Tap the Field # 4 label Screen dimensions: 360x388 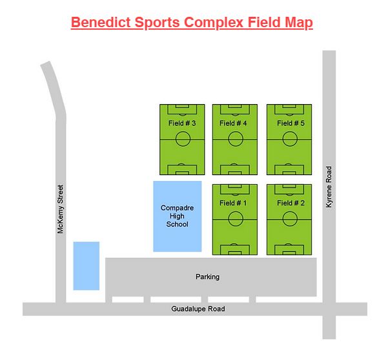tap(233, 123)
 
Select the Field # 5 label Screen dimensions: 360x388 tap(291, 123)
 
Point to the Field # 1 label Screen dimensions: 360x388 tap(233, 203)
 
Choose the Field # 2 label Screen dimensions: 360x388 tap(291, 203)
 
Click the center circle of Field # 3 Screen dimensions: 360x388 tap(183, 139)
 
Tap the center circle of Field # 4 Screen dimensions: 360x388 tap(236, 139)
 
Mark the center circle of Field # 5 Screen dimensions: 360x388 tap(289, 139)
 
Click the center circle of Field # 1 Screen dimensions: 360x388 tap(236, 220)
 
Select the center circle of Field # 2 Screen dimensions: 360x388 tap(289, 220)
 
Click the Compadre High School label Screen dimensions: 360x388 tap(177, 216)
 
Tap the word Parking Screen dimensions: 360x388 tap(207, 277)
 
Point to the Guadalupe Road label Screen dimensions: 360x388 tap(198, 309)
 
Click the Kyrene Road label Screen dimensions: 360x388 tap(329, 187)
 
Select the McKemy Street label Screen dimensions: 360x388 tap(61, 209)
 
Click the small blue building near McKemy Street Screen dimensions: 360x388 tap(86, 266)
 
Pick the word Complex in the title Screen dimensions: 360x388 tap(221, 23)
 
